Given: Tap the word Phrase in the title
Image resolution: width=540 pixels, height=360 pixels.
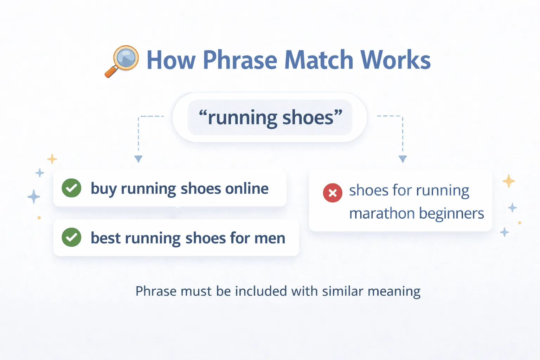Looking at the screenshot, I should pos(240,60).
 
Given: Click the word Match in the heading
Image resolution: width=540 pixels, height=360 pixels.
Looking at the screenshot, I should pos(319,60).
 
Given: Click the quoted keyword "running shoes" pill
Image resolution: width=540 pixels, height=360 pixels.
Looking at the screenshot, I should pos(270,117).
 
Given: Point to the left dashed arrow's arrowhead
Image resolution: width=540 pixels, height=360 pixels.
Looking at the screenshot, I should pos(138,159).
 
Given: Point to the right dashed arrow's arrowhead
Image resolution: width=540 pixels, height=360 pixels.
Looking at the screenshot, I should pos(403,159).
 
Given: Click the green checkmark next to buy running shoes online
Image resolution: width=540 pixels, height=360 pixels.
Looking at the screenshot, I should pos(71,188).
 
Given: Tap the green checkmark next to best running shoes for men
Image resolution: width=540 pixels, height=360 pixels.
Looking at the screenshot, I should pos(71,237).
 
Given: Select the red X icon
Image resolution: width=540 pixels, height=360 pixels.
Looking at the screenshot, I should pos(333,193).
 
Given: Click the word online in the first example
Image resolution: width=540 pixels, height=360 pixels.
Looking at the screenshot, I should pos(247,189).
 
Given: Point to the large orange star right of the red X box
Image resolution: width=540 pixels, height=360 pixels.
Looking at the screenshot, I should pos(508,181).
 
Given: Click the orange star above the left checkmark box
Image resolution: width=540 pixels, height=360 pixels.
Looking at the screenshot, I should pos(52,159).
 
